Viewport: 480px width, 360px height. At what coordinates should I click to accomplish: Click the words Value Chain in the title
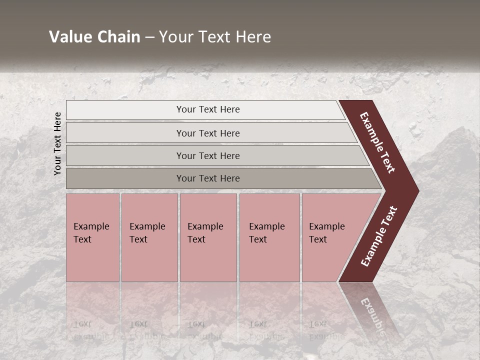pos(94,37)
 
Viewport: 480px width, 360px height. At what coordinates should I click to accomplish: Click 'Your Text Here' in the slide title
pos(215,37)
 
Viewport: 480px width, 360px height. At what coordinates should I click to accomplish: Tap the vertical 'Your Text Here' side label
pos(57,143)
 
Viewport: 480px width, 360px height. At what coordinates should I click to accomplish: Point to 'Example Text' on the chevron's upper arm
pos(378,142)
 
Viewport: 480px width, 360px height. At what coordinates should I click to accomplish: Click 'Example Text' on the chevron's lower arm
pos(379,236)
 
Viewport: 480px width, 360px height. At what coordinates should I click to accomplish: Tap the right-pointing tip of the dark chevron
pos(414,191)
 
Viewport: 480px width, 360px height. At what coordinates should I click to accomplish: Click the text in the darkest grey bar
pos(208,178)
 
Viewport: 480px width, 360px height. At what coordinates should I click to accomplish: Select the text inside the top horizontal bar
pos(208,109)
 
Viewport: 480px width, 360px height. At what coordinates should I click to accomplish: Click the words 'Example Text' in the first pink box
pos(91,233)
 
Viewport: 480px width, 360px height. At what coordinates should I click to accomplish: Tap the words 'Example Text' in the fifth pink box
pos(326,233)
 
